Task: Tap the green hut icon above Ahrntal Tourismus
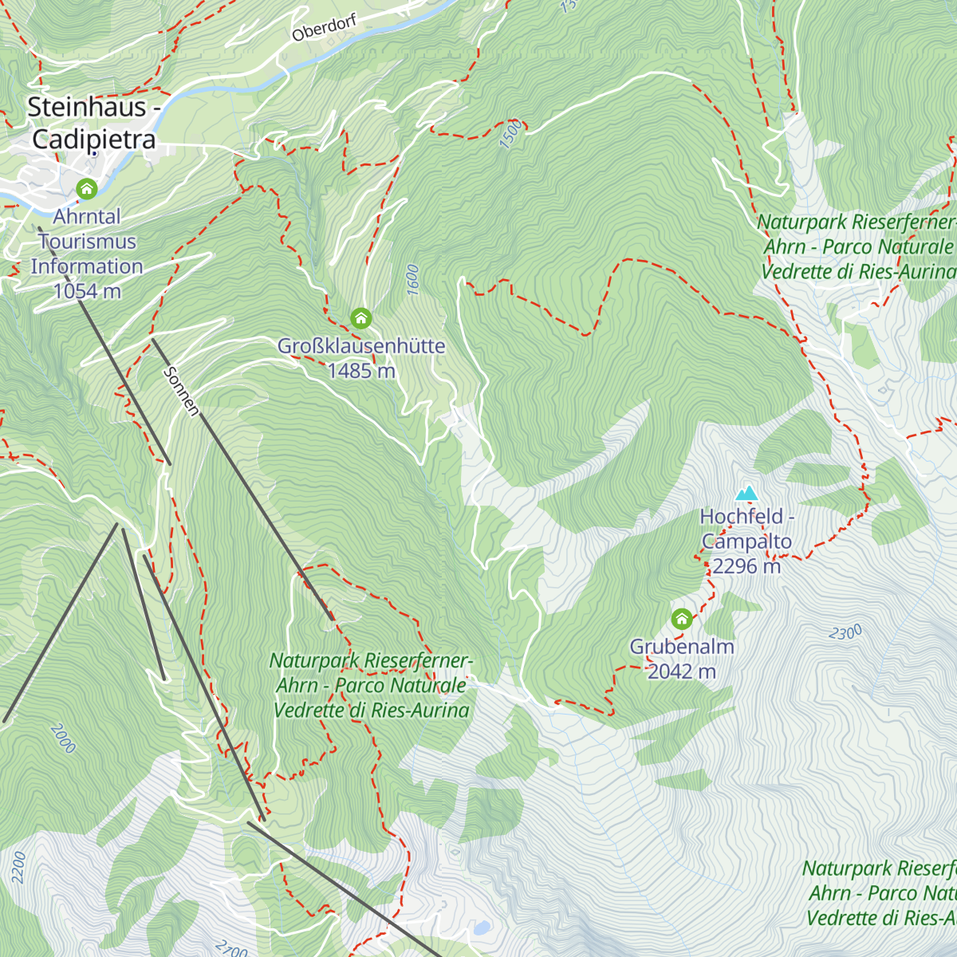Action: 86,189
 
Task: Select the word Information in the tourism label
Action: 87,266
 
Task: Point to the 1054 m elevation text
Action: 87,291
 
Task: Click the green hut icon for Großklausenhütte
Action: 360,318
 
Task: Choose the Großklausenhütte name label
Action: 360,346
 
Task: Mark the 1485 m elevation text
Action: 360,371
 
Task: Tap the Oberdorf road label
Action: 324,29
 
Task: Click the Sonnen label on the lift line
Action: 181,391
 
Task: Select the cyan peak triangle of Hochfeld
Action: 746,494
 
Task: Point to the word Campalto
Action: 746,542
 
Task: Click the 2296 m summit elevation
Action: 746,566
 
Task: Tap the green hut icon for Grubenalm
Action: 681,619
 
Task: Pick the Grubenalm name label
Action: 681,647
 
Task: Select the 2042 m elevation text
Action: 681,671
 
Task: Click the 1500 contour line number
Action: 511,134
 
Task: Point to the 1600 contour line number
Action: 412,281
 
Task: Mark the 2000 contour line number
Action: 62,738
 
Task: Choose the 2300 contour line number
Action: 845,633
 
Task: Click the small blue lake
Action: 481,928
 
